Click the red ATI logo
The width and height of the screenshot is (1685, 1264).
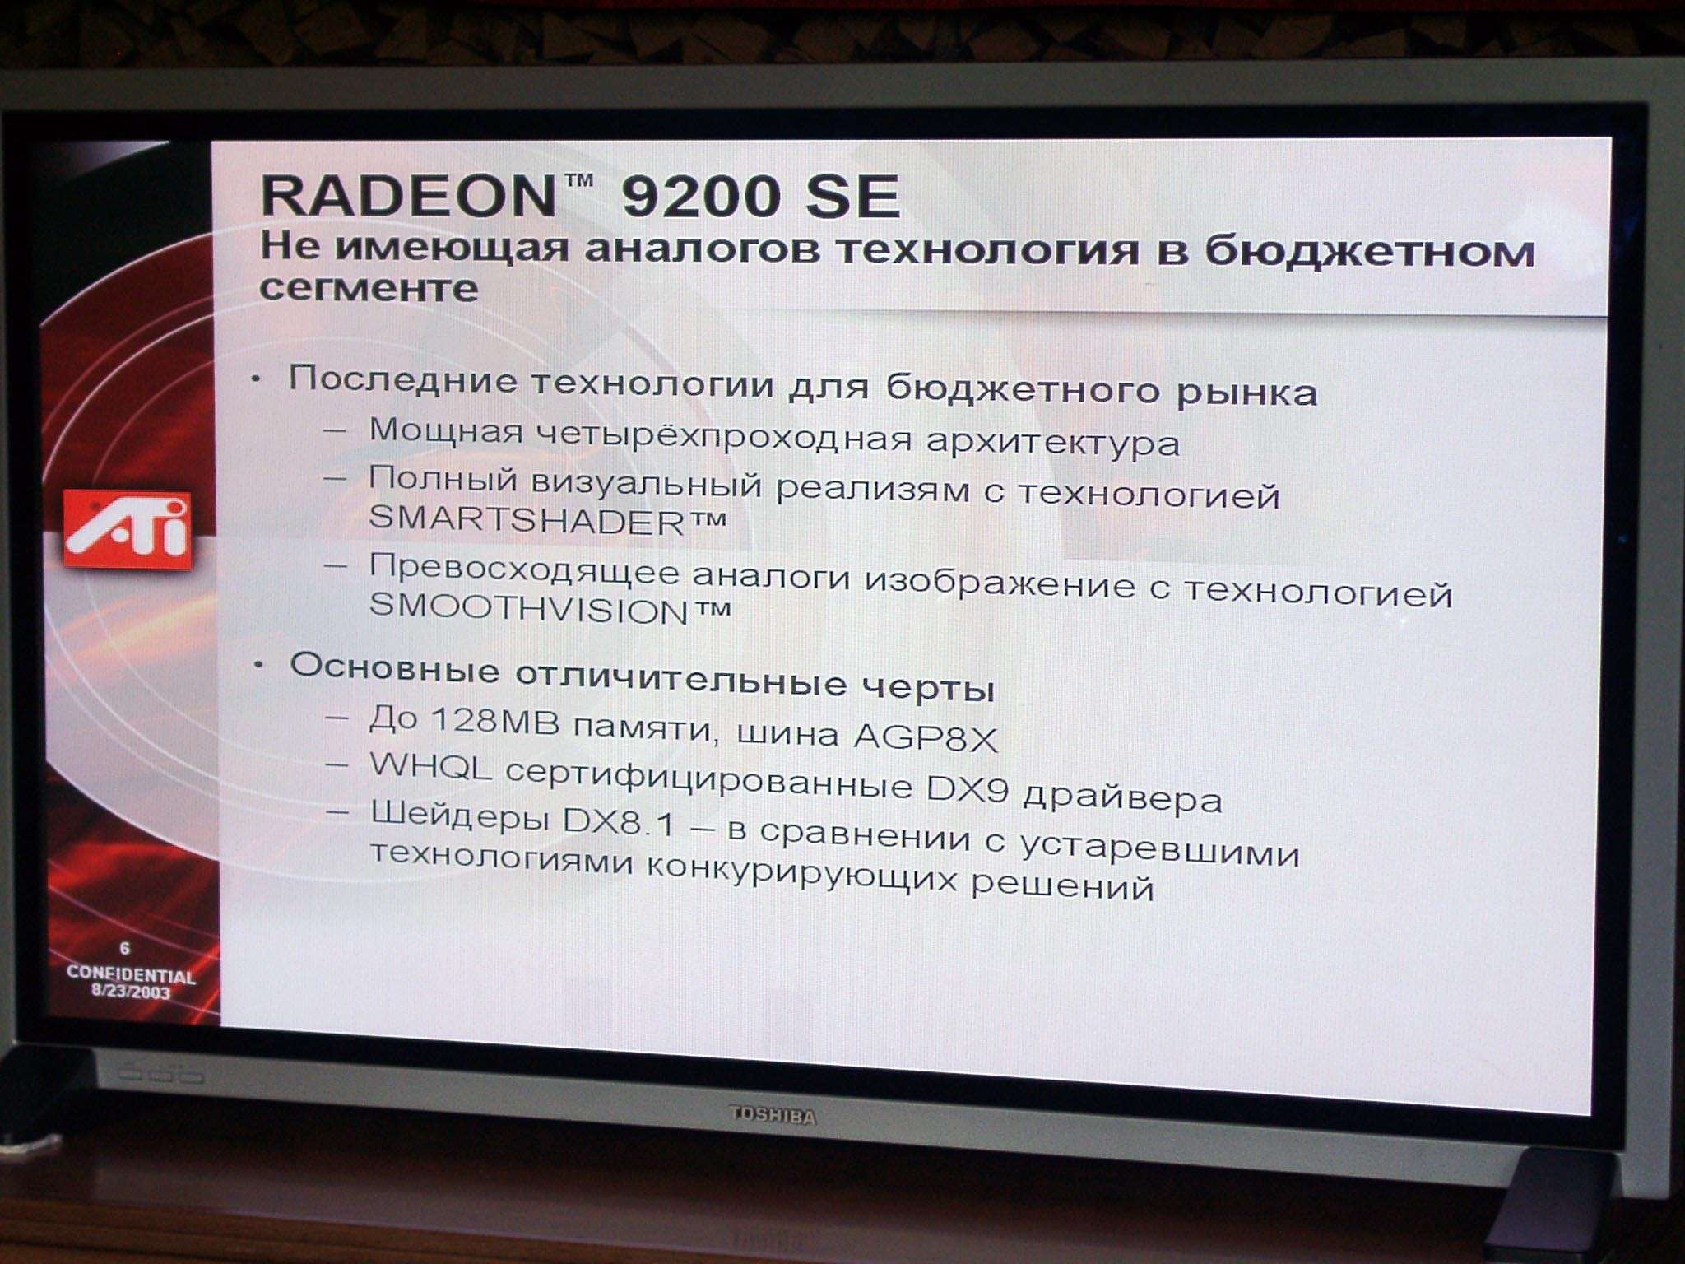coord(128,530)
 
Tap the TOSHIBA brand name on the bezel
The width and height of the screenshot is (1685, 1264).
coord(773,1116)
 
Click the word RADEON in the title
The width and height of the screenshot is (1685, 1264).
coord(409,196)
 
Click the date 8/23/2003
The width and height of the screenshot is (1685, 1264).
coord(131,992)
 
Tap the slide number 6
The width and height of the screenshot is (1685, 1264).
coord(125,949)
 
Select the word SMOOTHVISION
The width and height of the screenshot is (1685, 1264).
coord(528,608)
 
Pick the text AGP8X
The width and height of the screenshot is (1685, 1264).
coord(925,737)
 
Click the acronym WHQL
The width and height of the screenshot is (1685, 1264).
coord(430,766)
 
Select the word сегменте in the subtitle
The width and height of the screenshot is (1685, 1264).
coord(369,289)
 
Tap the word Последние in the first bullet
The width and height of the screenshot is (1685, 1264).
coord(403,379)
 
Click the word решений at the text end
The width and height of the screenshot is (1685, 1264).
coord(1062,886)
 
